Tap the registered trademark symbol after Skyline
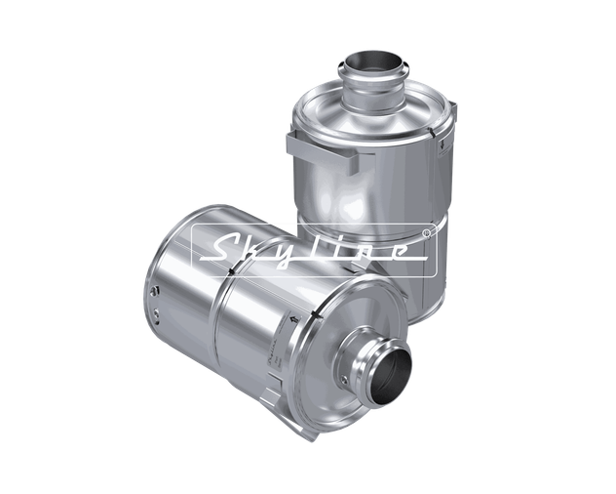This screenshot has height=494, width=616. click(x=427, y=233)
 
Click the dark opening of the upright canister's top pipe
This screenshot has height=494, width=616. click(x=373, y=63)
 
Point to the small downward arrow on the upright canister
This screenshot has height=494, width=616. click(x=443, y=144)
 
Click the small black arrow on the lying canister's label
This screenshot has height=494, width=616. click(x=293, y=319)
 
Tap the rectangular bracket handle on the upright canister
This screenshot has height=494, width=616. click(x=323, y=151)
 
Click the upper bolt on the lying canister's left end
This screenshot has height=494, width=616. click(x=154, y=291)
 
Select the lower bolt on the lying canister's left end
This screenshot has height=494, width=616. click(x=156, y=314)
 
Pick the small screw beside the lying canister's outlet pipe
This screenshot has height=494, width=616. click(x=344, y=380)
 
